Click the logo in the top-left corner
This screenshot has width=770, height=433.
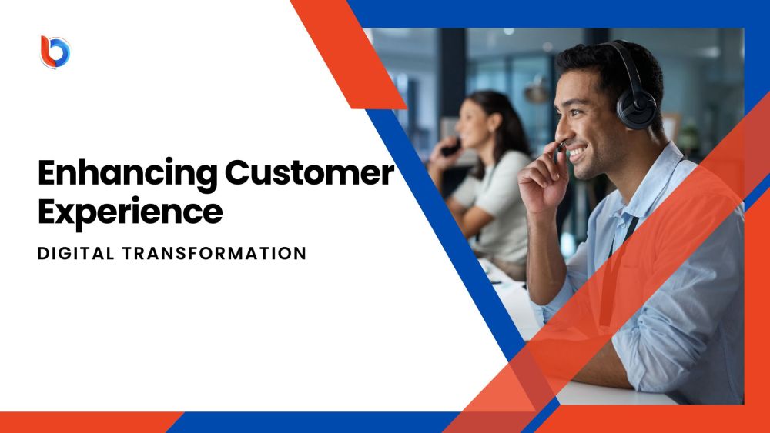coord(55,52)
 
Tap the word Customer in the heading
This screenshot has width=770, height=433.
coord(309,174)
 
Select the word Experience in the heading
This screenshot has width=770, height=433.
coord(129,211)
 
